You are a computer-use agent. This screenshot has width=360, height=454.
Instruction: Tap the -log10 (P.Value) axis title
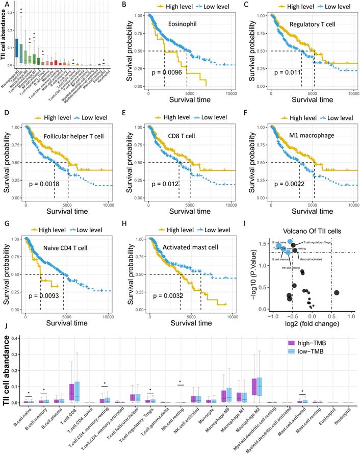click(x=256, y=271)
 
